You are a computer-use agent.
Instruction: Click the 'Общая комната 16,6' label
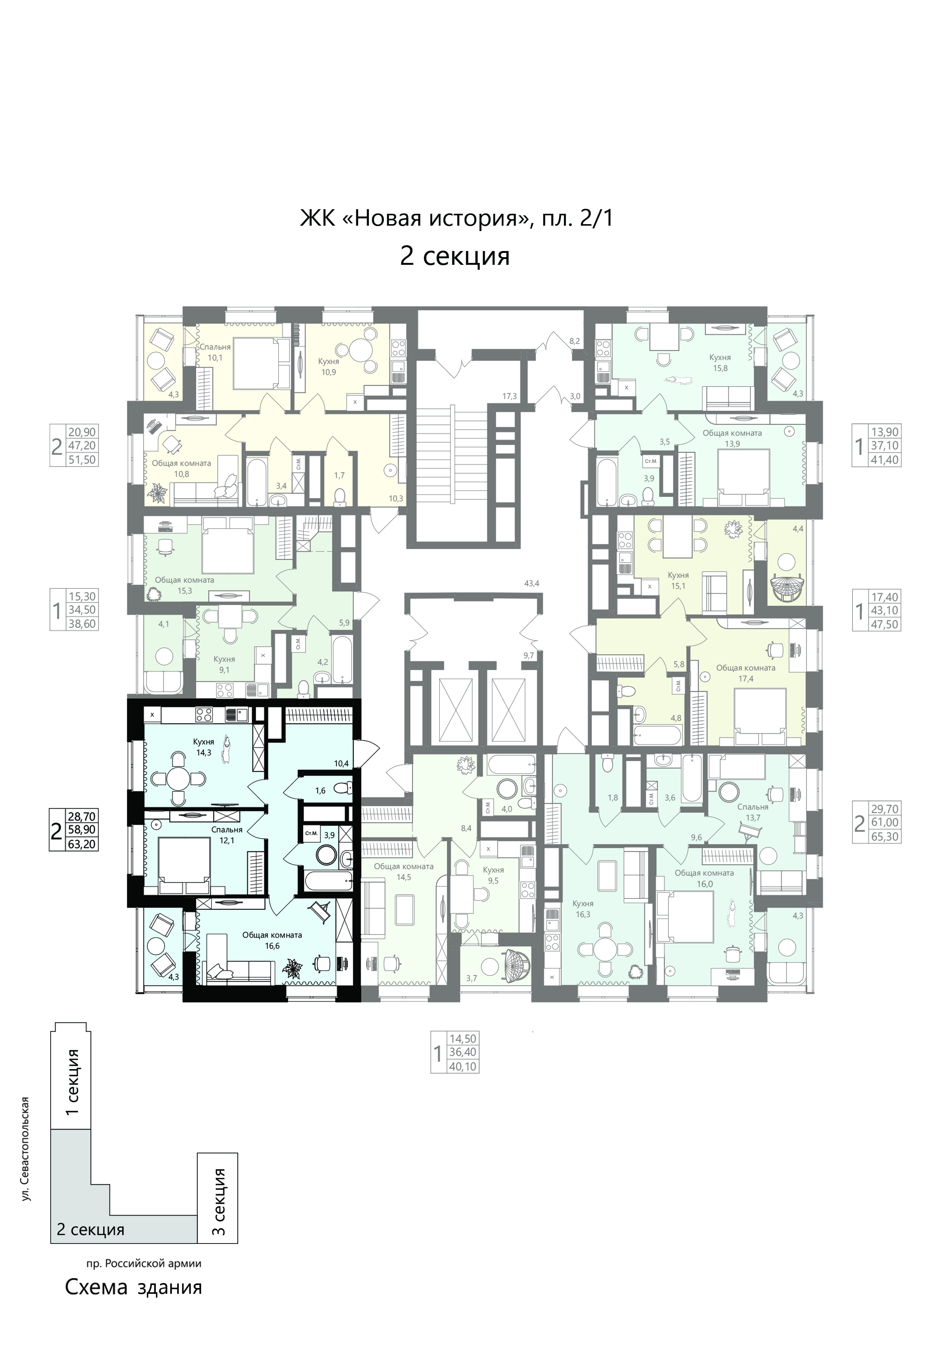(272, 940)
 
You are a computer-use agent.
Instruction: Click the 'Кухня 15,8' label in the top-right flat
(720, 362)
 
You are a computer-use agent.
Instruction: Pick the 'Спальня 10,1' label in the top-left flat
(216, 352)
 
